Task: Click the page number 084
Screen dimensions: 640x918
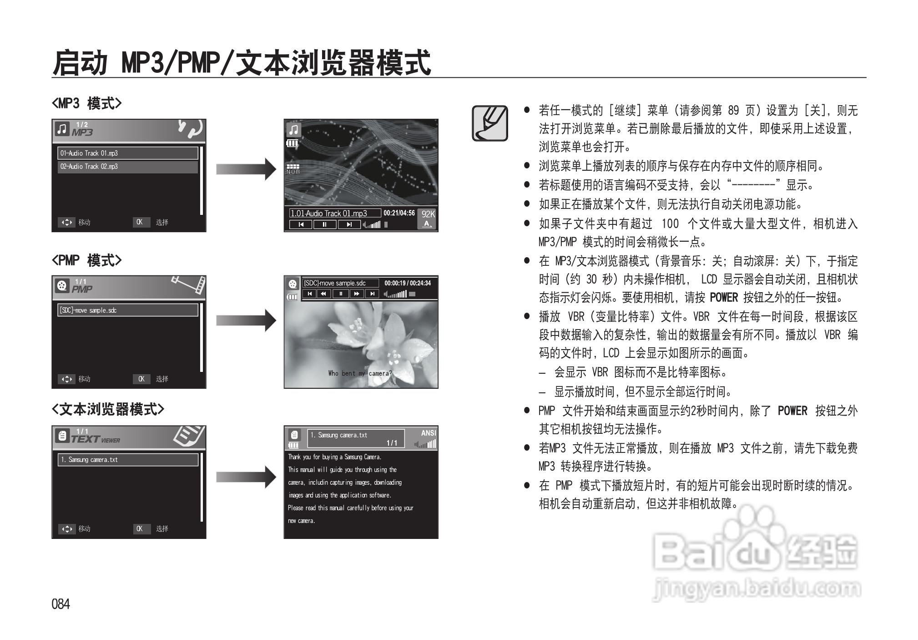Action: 61,604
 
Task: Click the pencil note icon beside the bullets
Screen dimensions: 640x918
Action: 489,123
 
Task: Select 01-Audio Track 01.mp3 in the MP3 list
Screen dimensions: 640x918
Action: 127,153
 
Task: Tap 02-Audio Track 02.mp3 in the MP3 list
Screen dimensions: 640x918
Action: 127,167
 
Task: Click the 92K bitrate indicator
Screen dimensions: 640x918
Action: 428,214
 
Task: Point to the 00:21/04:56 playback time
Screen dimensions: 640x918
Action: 399,213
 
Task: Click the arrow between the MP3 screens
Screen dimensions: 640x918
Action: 246,169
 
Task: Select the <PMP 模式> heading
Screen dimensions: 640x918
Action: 86,260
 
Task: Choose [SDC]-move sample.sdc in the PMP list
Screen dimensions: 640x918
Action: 127,310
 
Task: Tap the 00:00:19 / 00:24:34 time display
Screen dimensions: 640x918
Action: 408,283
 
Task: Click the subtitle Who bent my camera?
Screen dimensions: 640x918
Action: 360,373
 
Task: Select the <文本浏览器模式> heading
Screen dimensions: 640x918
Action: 108,409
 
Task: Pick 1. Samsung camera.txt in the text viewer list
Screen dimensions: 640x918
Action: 127,460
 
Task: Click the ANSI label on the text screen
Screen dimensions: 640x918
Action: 428,433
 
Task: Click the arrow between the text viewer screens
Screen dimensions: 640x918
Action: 246,477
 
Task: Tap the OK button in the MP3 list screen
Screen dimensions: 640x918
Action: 140,222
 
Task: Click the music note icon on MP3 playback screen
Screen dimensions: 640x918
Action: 294,130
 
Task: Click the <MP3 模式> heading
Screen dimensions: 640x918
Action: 86,103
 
